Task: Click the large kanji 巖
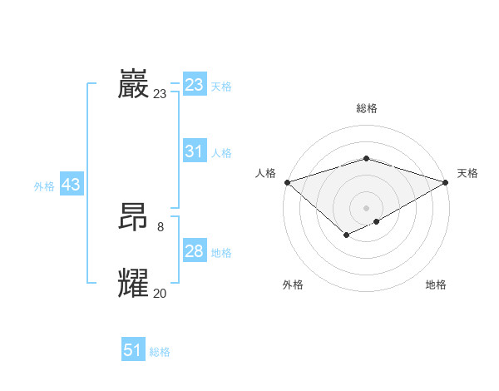[133, 85]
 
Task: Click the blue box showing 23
[194, 85]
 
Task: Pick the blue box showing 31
[194, 151]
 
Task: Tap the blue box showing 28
[194, 251]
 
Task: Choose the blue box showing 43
[71, 185]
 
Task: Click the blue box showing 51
[133, 350]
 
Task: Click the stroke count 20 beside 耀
[160, 293]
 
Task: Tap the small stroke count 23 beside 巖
[160, 94]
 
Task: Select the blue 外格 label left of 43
[44, 186]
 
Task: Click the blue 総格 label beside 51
[160, 352]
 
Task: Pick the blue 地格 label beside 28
[221, 253]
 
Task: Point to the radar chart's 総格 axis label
[366, 108]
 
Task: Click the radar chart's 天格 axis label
[467, 173]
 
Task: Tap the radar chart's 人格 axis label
[265, 173]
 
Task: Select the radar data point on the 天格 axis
[446, 181]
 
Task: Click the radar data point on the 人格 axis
[287, 181]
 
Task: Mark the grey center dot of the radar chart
[366, 207]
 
